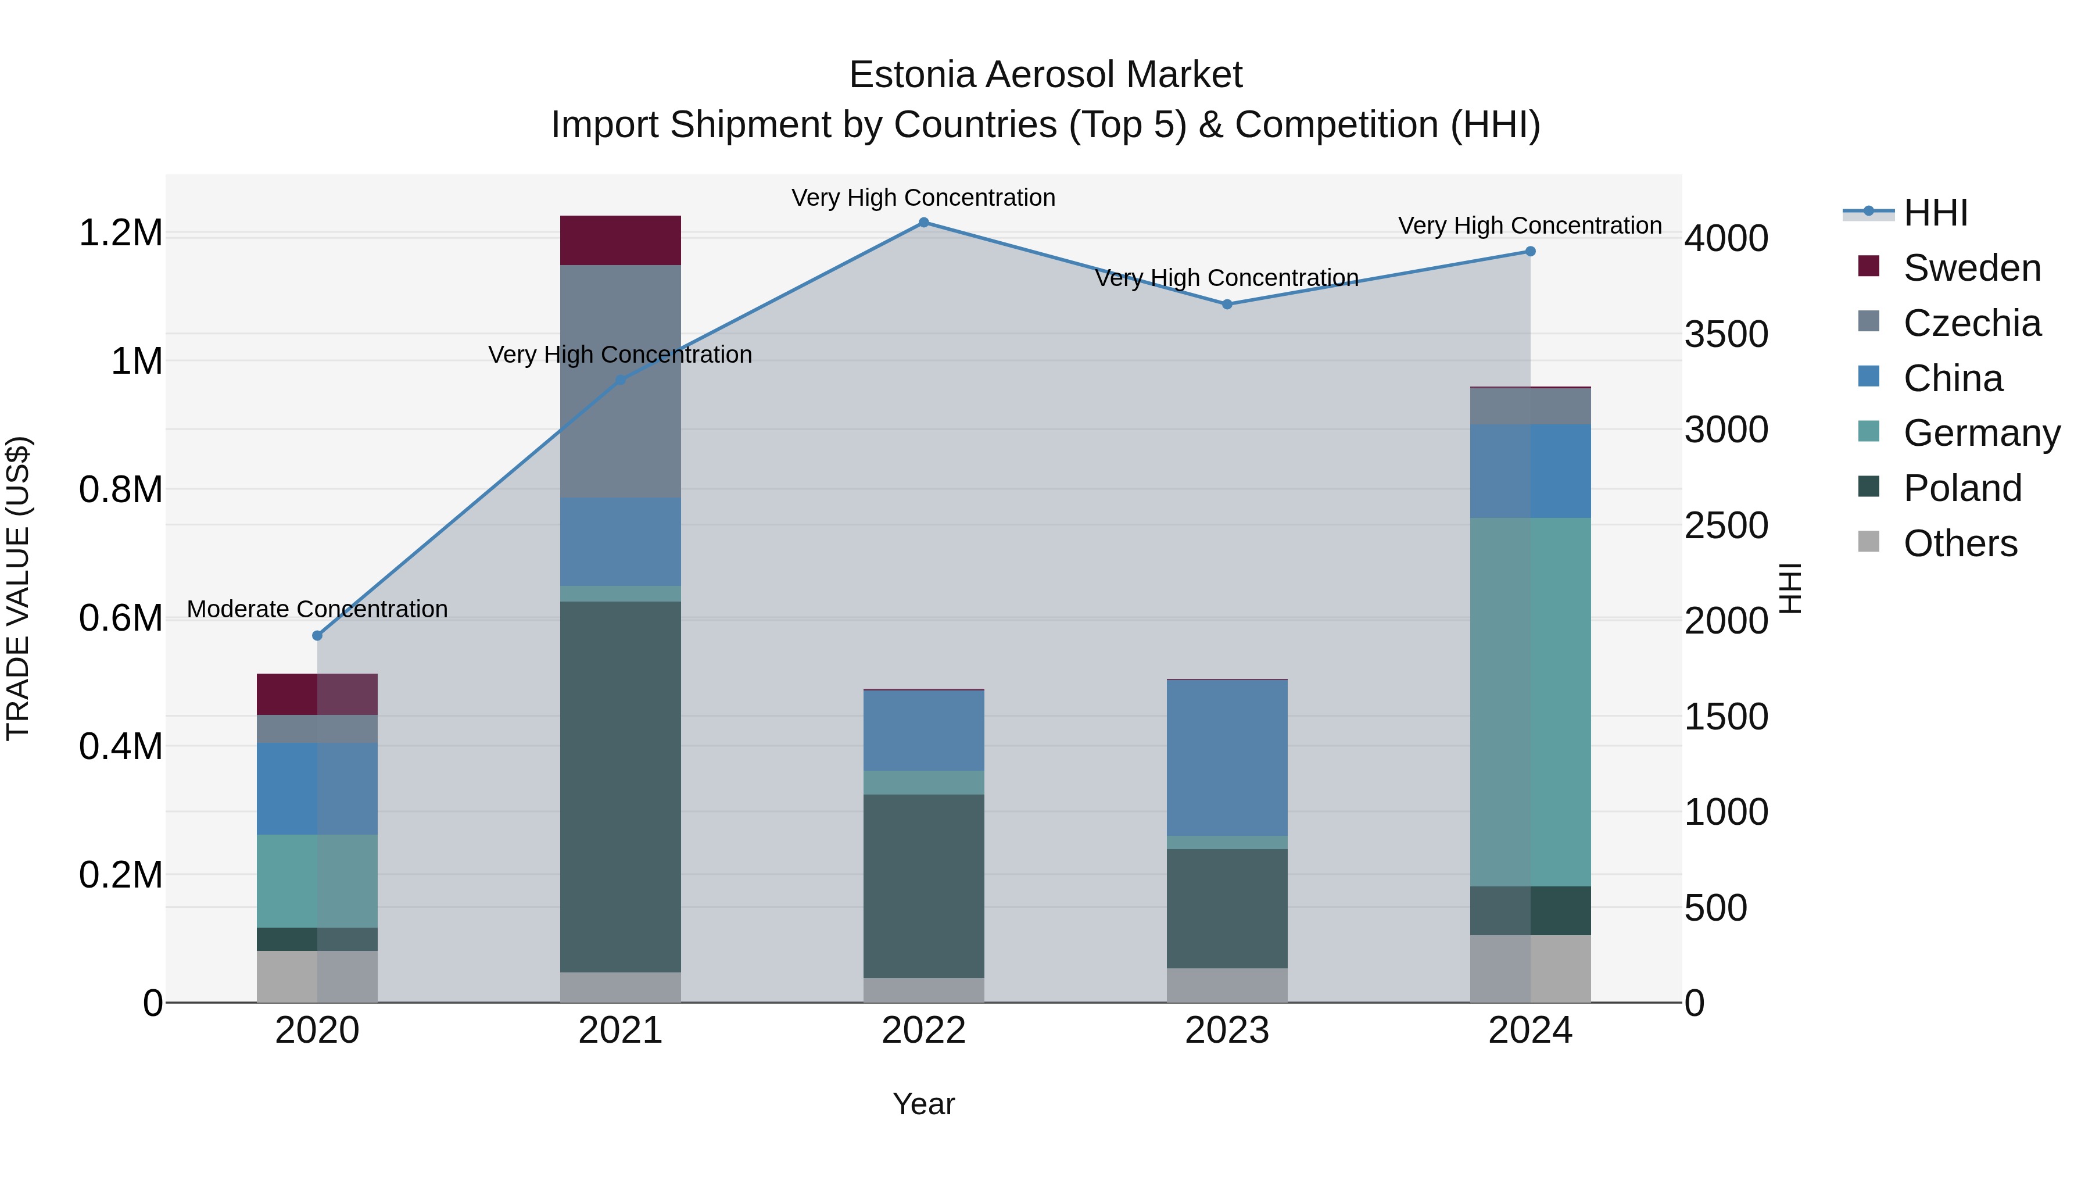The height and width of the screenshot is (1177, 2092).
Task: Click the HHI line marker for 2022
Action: tap(923, 223)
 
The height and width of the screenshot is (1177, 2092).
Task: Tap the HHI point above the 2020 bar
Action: tap(317, 635)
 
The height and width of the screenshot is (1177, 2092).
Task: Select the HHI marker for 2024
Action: tap(1530, 252)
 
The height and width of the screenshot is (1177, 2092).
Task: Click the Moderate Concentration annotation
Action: tap(317, 609)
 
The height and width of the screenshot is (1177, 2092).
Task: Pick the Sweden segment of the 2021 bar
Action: tap(621, 241)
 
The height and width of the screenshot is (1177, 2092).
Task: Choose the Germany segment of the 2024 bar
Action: tap(1530, 702)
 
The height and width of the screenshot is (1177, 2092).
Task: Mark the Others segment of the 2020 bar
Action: tap(317, 976)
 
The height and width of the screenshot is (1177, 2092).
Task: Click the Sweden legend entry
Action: tap(1971, 268)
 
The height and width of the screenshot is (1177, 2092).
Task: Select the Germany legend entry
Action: tap(1981, 433)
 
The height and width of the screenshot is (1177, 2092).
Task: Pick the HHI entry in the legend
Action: tap(1935, 213)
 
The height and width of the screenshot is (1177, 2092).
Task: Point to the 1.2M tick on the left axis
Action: tap(121, 233)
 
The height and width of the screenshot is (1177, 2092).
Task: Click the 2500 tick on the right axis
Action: tap(1726, 525)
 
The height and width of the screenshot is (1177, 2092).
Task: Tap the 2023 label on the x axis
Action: tap(1227, 1031)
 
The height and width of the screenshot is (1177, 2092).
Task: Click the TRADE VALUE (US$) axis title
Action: tap(18, 588)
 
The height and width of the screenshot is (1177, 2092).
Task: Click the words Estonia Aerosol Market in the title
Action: tap(1045, 75)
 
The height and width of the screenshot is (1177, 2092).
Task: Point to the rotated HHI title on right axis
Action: tap(1790, 588)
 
